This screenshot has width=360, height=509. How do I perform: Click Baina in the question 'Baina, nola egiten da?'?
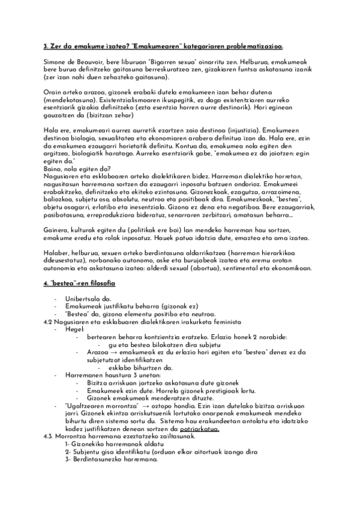(x=54, y=169)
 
